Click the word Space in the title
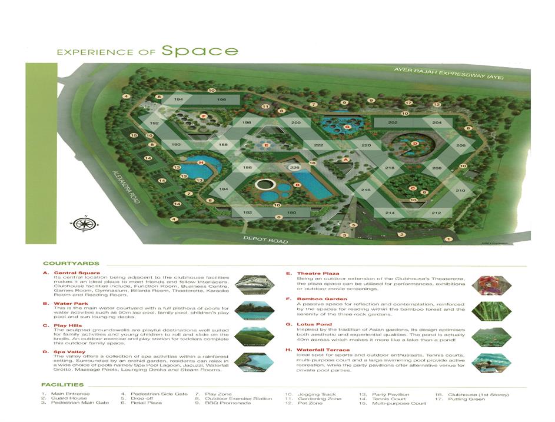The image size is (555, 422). coord(200,51)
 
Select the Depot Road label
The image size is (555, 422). coord(265,241)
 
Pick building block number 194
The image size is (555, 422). coord(179,100)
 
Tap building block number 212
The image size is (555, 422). coord(436,212)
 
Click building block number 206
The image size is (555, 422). coord(460,145)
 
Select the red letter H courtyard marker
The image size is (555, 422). coord(201,162)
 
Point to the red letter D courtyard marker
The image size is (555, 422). coord(415,143)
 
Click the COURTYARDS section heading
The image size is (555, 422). coord(71,264)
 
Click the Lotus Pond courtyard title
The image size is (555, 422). coord(313,324)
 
